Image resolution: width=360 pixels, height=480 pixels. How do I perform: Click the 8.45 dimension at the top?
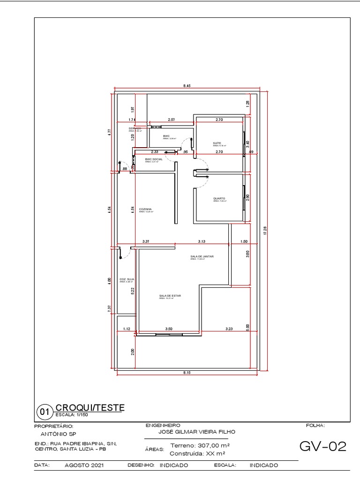coord(187,86)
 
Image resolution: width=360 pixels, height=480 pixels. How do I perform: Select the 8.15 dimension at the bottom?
coord(187,372)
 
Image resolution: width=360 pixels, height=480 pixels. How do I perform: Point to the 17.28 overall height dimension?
coord(265,231)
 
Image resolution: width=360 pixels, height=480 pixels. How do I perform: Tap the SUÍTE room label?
coord(217,143)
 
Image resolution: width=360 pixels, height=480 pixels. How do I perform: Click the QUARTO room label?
coord(219,198)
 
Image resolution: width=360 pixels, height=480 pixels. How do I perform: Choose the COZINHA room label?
coord(145,209)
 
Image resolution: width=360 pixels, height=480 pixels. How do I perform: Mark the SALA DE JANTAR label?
coord(202,256)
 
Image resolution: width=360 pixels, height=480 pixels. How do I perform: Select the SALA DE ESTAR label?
coord(170,296)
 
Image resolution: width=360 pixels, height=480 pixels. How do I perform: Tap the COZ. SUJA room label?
coord(127,279)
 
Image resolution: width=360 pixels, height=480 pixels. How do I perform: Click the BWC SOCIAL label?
coord(153,159)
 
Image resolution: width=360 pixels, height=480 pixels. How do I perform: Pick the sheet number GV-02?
coord(322,447)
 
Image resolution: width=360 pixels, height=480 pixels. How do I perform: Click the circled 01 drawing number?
coord(45,413)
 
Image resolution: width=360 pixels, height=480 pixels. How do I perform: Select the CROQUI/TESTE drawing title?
coord(90,407)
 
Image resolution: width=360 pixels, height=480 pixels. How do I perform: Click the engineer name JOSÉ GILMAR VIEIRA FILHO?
coord(197,432)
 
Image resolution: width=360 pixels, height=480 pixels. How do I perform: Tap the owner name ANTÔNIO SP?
coord(55,434)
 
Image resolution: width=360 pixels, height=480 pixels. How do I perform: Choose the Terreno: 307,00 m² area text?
coord(200,445)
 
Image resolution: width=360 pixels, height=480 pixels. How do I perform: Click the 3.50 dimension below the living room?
coord(169,329)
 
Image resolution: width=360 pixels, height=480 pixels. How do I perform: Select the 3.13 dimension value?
coord(202,241)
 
